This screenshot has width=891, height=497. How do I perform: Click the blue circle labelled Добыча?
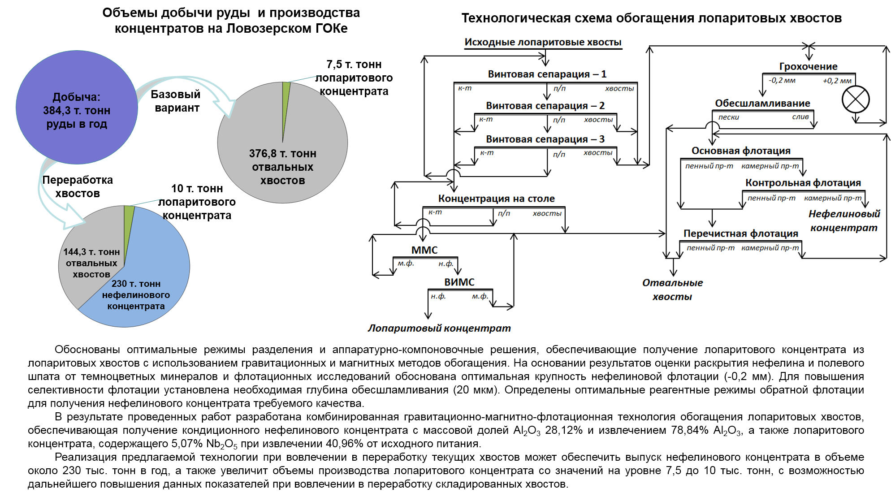coord(77,108)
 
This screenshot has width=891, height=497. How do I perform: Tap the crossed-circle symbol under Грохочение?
coord(856,99)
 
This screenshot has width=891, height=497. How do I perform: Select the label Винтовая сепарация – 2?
coord(545,106)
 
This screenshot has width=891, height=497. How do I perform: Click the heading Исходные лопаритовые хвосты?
coord(543,42)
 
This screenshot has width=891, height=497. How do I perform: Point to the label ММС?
coord(424,250)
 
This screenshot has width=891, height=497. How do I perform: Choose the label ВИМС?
coord(459,282)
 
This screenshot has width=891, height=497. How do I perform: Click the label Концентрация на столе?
coord(496,199)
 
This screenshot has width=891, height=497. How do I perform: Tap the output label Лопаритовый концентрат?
coord(439,328)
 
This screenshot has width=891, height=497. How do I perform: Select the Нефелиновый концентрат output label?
coord(844,221)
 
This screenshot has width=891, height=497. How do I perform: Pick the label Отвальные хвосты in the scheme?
coord(672,290)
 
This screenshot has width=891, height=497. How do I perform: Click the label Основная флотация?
coord(741,151)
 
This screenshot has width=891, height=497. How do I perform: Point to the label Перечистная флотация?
coord(741,233)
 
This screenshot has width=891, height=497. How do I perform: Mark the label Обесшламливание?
coord(762,104)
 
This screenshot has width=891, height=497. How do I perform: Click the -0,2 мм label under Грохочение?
coord(782,81)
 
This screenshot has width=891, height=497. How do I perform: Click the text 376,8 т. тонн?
coord(283,154)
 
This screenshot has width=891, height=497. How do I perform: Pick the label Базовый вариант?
coord(176,101)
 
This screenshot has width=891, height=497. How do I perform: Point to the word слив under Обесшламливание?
coord(800,117)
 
